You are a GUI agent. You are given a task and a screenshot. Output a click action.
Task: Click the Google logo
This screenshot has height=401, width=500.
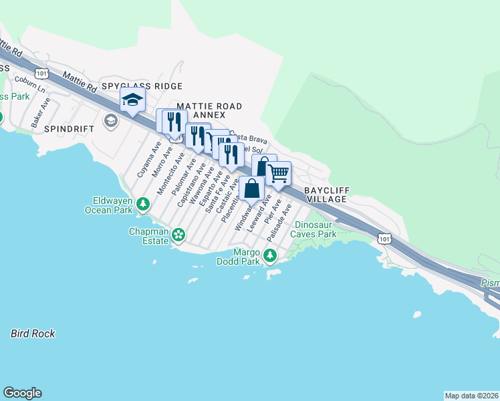point(22,393)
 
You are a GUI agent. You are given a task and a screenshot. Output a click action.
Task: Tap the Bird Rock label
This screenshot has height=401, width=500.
point(33,333)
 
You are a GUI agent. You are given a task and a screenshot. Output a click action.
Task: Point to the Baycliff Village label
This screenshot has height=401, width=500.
point(326,194)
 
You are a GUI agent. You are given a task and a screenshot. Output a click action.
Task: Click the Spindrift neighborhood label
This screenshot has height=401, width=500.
point(66,128)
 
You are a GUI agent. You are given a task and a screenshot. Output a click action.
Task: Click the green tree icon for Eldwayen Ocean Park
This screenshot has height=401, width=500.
point(142,203)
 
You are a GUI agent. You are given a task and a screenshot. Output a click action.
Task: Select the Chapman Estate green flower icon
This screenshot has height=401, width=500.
point(178,234)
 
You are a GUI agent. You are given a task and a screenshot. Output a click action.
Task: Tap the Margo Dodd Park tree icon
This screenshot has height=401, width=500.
point(269,255)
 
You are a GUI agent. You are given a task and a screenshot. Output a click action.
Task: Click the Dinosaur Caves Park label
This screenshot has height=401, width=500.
point(316,230)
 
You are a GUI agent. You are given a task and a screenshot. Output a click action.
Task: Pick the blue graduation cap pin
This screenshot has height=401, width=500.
point(132,101)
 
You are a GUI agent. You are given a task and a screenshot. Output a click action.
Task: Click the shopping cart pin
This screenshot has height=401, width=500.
point(278,173)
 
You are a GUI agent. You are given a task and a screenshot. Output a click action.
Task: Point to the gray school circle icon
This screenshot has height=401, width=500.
point(110,121)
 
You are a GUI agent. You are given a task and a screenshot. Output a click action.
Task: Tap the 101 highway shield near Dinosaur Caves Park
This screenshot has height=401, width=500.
point(383,238)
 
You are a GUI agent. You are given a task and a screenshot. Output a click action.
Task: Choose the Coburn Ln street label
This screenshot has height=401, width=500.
point(31,85)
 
